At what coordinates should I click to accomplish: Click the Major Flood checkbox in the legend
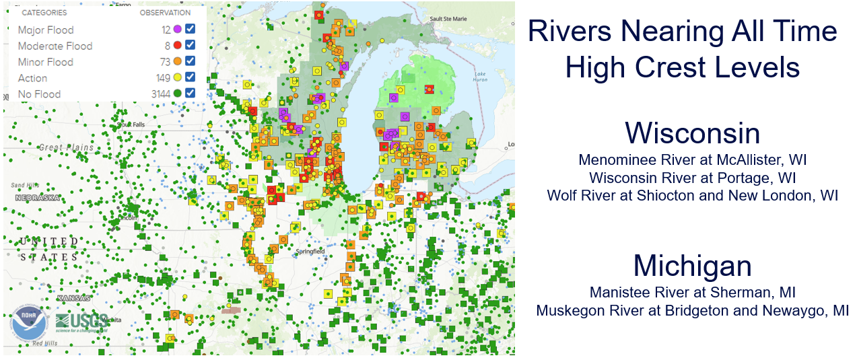pyautogui.click(x=191, y=29)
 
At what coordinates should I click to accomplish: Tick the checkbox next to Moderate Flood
pyautogui.click(x=191, y=45)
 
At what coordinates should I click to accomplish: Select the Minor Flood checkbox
pyautogui.click(x=191, y=61)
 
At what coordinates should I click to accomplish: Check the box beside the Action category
pyautogui.click(x=191, y=77)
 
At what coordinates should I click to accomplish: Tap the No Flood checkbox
pyautogui.click(x=191, y=94)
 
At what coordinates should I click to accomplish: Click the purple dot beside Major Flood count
pyautogui.click(x=178, y=29)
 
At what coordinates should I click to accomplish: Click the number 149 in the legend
pyautogui.click(x=164, y=78)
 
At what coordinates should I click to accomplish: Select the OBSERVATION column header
pyautogui.click(x=165, y=13)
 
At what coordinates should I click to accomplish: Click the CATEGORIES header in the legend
pyautogui.click(x=44, y=13)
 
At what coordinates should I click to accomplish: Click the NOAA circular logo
pyautogui.click(x=28, y=324)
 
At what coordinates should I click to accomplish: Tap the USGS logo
pyautogui.click(x=81, y=322)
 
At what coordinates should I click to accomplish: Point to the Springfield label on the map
pyautogui.click(x=310, y=252)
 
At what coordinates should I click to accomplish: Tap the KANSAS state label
pyautogui.click(x=73, y=297)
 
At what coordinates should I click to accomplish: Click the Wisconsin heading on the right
pyautogui.click(x=692, y=133)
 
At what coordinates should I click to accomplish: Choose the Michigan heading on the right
pyautogui.click(x=692, y=266)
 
